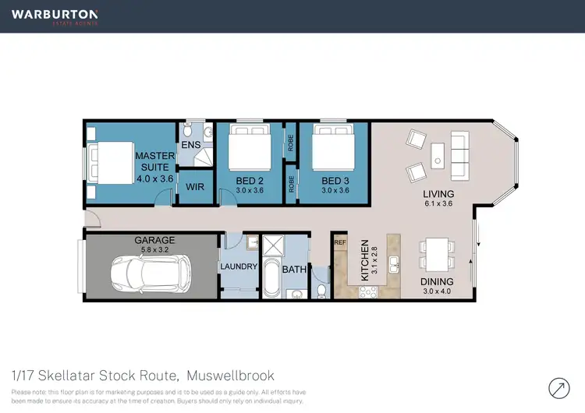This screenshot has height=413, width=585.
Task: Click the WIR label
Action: [x=195, y=188]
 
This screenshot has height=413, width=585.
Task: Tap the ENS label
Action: [x=191, y=146]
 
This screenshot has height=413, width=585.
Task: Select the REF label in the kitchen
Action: [x=339, y=243]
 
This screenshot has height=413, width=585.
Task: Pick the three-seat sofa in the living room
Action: [x=459, y=156]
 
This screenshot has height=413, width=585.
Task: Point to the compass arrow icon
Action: [x=559, y=387]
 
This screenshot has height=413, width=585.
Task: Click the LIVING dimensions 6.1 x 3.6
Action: [x=438, y=204]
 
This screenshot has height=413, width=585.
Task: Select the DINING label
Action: [x=437, y=282]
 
